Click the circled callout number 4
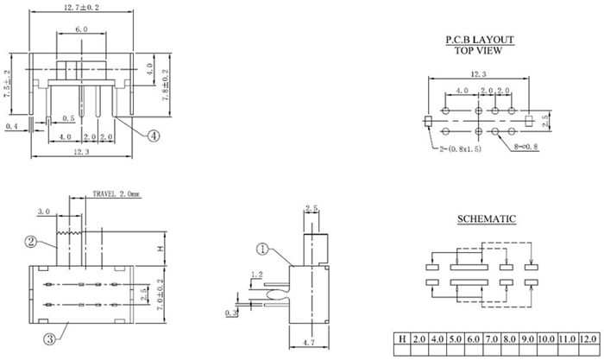pyautogui.click(x=154, y=136)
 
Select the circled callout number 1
pyautogui.click(x=262, y=249)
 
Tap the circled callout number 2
pyautogui.click(x=31, y=242)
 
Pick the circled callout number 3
pyautogui.click(x=50, y=339)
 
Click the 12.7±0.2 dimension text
pyautogui.click(x=81, y=7)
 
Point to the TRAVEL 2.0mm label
pyautogui.click(x=116, y=194)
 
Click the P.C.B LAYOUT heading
pyautogui.click(x=480, y=40)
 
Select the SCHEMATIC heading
pyautogui.click(x=487, y=219)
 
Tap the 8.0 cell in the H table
pyautogui.click(x=509, y=338)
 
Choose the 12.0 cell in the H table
pyautogui.click(x=588, y=338)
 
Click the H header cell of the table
pyautogui.click(x=403, y=338)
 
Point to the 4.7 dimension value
pyautogui.click(x=309, y=342)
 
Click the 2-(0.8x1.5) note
pyautogui.click(x=460, y=148)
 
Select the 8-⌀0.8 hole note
pyautogui.click(x=526, y=147)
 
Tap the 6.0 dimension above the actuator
pyautogui.click(x=81, y=29)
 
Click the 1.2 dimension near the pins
pyautogui.click(x=257, y=275)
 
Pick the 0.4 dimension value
pyautogui.click(x=11, y=126)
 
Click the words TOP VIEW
pyautogui.click(x=478, y=50)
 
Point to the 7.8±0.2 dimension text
pyautogui.click(x=166, y=85)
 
